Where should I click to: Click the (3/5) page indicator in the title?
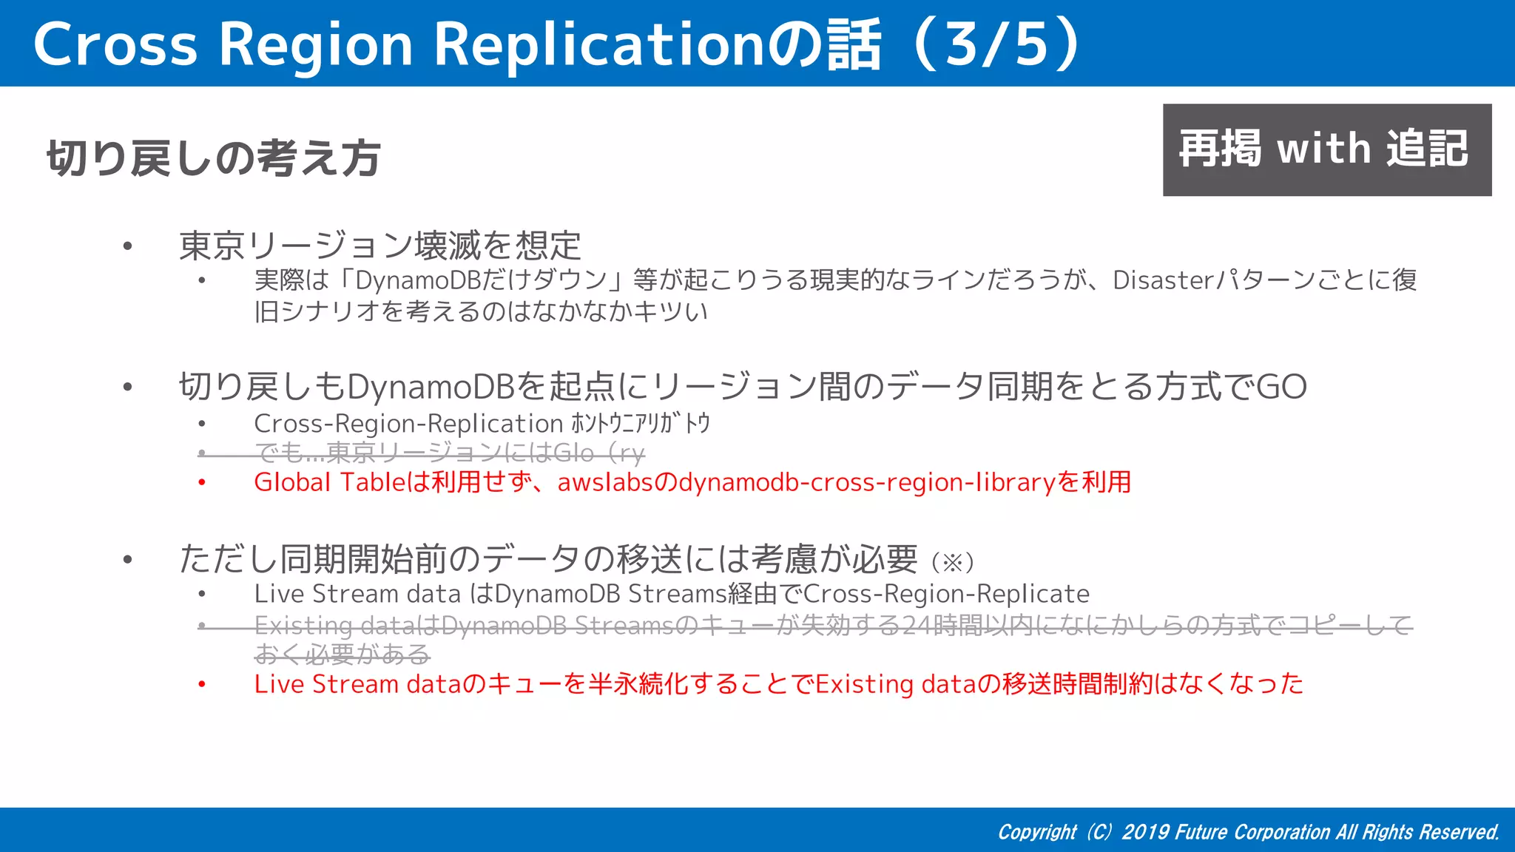tap(998, 44)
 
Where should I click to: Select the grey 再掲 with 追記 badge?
tap(1326, 149)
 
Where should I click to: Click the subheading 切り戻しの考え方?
tap(214, 158)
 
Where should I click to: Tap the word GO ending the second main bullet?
tap(1281, 387)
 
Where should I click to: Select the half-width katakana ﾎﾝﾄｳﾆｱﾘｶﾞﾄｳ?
tap(641, 424)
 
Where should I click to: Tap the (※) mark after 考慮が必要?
tap(953, 563)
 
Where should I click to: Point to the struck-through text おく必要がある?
tap(342, 655)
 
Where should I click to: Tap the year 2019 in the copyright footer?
tap(1144, 833)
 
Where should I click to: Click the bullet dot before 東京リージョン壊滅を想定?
tap(128, 246)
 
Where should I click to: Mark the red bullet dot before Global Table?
tap(202, 483)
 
